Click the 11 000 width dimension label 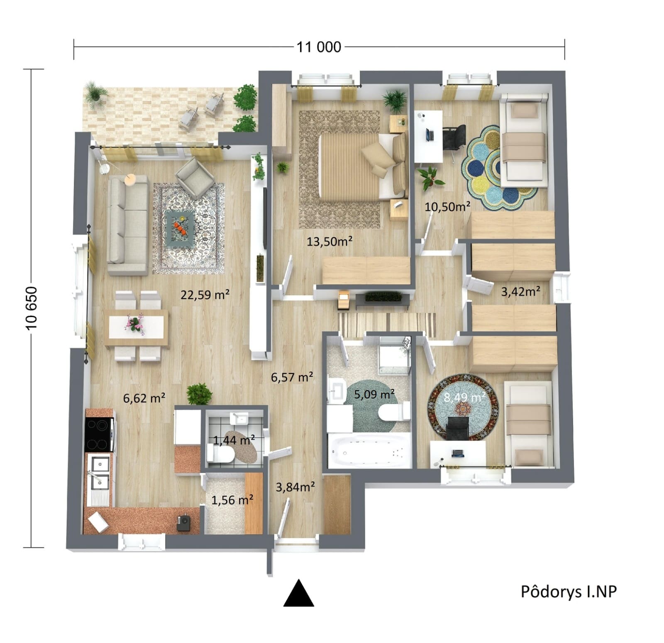point(319,47)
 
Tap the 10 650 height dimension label point(32,308)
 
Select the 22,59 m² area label point(205,294)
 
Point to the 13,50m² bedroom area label point(330,241)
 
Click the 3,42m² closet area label point(520,291)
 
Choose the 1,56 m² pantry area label point(232,500)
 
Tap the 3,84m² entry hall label point(295,487)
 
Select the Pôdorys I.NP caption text point(569,592)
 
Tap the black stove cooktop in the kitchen point(99,434)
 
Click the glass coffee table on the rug point(181,228)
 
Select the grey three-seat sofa point(127,225)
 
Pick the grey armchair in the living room point(195,177)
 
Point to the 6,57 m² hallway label point(292,377)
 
